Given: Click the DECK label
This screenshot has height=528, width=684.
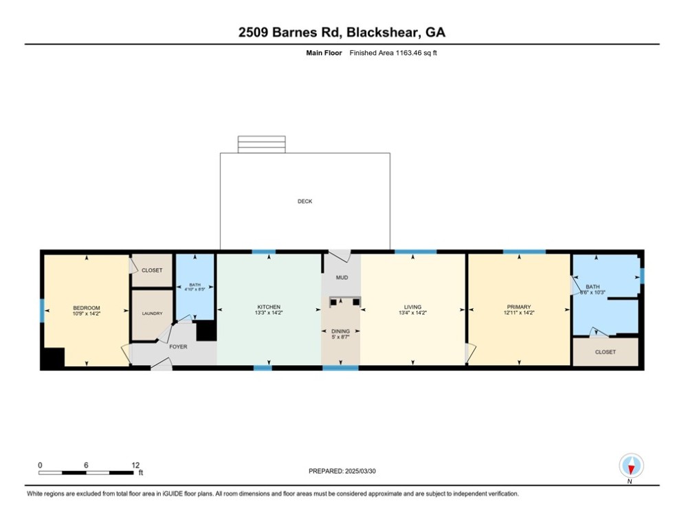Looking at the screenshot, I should tap(305, 201).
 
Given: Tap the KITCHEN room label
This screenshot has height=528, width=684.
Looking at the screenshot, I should tap(269, 307).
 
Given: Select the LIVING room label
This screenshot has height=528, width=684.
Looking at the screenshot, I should tap(412, 307).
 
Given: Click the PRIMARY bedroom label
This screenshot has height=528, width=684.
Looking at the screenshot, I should tap(519, 307).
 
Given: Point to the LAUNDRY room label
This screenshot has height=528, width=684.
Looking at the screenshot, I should tap(152, 313).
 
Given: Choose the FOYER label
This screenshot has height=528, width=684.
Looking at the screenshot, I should tap(178, 346).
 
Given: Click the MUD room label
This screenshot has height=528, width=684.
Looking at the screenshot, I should tap(342, 278).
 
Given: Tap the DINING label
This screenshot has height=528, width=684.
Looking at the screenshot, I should tap(341, 331).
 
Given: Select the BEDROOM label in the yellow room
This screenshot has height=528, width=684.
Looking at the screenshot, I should tap(87, 307).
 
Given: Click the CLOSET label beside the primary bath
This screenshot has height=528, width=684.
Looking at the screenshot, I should tap(606, 352).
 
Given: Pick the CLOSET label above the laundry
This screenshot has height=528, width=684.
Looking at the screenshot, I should tap(152, 270).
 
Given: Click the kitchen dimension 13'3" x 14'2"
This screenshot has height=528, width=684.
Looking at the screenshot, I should tap(269, 313).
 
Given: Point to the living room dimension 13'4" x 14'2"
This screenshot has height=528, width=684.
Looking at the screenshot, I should tap(412, 313).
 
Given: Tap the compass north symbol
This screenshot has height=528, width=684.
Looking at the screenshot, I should tap(630, 467).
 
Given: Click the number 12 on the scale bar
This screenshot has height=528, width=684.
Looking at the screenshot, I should tap(135, 465).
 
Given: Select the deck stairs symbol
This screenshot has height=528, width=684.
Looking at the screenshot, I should tap(261, 144).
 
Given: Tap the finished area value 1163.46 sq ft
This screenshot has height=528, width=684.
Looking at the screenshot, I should tap(393, 53).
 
